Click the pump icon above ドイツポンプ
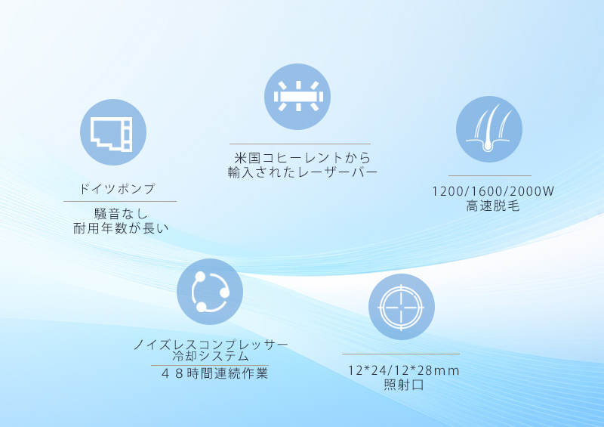click(x=112, y=132)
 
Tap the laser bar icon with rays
click(x=297, y=97)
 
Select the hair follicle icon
click(x=489, y=129)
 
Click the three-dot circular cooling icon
click(x=210, y=292)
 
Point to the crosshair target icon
click(x=402, y=307)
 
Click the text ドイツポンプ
click(x=117, y=189)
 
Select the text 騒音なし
click(x=121, y=214)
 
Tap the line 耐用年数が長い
click(x=121, y=228)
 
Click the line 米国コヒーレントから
click(x=303, y=157)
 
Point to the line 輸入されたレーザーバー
click(x=303, y=172)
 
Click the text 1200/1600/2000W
click(x=493, y=191)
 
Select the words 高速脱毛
click(x=493, y=206)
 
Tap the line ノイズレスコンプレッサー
click(x=211, y=344)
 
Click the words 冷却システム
click(x=211, y=356)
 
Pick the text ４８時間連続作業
click(x=214, y=373)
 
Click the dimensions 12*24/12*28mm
click(x=404, y=370)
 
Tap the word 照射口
click(x=404, y=385)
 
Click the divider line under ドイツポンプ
click(x=120, y=201)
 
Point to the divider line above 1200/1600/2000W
click(x=490, y=175)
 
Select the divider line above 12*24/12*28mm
click(x=401, y=354)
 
